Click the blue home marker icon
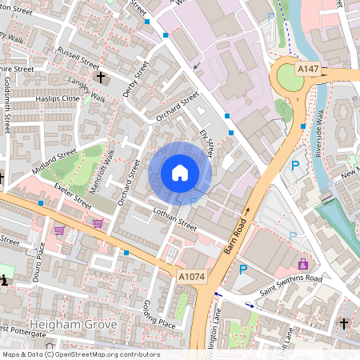pyautogui.click(x=180, y=172)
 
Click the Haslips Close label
pyautogui.click(x=58, y=98)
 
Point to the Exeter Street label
pyautogui.click(x=73, y=194)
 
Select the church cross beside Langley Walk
pyautogui.click(x=101, y=78)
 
